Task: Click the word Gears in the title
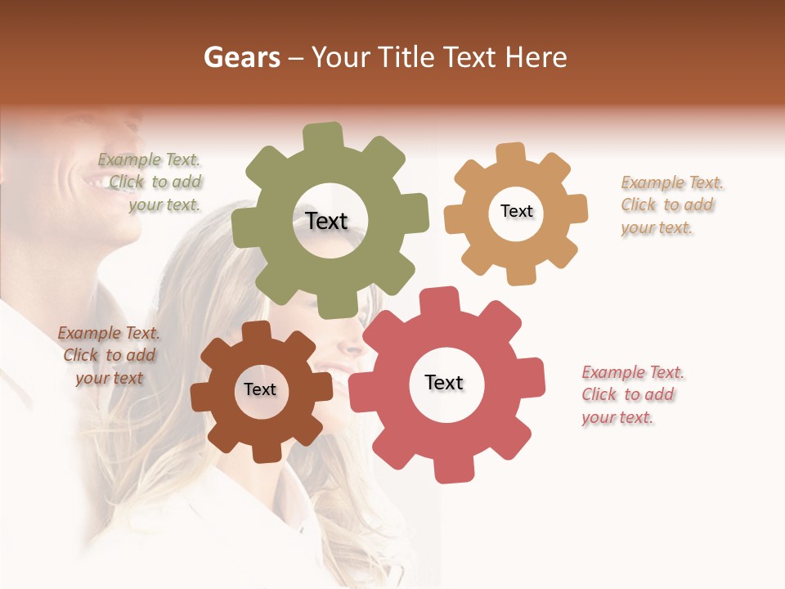[x=240, y=57]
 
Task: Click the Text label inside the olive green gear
[x=326, y=221]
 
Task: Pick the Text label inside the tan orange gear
[x=516, y=211]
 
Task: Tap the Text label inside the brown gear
[x=259, y=389]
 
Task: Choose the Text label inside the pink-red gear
[x=444, y=382]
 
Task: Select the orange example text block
[x=671, y=205]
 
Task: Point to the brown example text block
[x=109, y=355]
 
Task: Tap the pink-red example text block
[x=632, y=394]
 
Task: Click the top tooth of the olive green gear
[x=323, y=136]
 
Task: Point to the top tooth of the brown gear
[x=256, y=330]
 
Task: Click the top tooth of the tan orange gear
[x=511, y=153]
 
